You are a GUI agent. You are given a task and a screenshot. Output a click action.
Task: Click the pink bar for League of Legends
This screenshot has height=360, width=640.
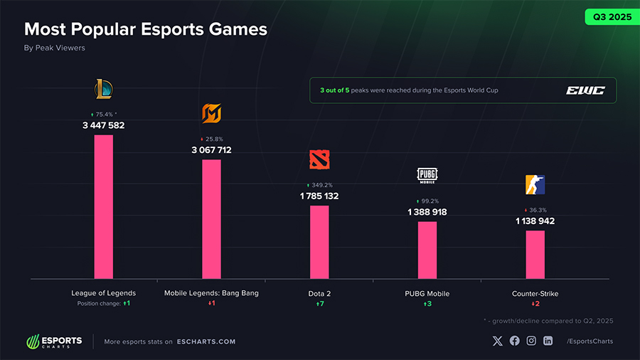point(104,206)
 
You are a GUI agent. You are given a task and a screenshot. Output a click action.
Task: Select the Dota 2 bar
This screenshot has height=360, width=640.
point(319,242)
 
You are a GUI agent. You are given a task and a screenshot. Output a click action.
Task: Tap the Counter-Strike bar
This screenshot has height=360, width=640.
point(535,254)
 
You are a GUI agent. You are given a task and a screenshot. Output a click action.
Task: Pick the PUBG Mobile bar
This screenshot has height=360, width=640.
point(427,250)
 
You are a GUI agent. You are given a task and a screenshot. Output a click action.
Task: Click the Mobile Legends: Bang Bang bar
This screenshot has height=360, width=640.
point(211,218)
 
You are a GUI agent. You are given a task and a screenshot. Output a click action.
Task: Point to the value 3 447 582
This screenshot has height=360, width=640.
point(104,125)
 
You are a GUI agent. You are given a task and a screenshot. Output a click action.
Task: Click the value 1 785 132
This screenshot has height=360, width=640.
point(319,196)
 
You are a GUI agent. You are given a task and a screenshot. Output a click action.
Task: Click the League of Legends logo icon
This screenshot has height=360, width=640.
point(104,89)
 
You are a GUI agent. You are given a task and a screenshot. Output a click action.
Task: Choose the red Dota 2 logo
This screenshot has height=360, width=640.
point(319,159)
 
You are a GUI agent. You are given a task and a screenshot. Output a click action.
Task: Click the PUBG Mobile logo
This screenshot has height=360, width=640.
point(427,175)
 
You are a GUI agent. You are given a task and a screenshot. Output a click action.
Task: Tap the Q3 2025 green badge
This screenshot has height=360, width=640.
point(608,16)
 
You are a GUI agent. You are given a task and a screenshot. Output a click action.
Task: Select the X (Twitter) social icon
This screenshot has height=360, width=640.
point(497,341)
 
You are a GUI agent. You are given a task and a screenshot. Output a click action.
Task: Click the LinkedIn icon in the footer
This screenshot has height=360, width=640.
point(548,341)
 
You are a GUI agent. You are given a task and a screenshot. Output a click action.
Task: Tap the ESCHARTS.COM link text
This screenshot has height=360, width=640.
point(206,342)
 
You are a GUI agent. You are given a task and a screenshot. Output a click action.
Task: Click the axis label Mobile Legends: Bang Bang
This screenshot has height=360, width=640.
point(211,293)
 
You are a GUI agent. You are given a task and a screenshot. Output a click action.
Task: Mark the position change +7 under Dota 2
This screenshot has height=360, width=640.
point(319,304)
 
